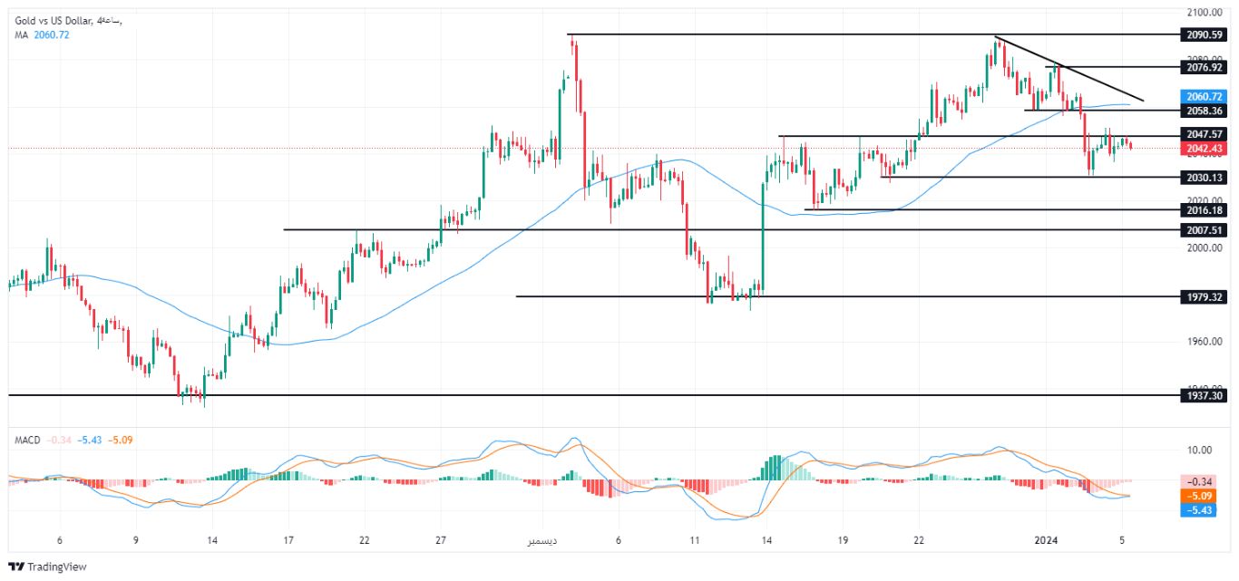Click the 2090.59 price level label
[1205, 34]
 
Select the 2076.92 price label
[1205, 66]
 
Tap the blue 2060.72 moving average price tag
[1205, 95]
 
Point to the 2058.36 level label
[1205, 110]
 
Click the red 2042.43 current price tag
[1205, 149]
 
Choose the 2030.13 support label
[1205, 178]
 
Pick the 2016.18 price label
[1205, 209]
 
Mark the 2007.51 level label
[1205, 230]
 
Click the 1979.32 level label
[1205, 296]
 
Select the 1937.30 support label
[1205, 395]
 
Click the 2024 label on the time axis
[1048, 540]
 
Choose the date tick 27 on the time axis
[441, 540]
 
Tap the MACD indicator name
[27, 441]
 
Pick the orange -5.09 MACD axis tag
[1205, 496]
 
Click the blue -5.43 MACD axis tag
[1205, 510]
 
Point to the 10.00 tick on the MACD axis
[1199, 450]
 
